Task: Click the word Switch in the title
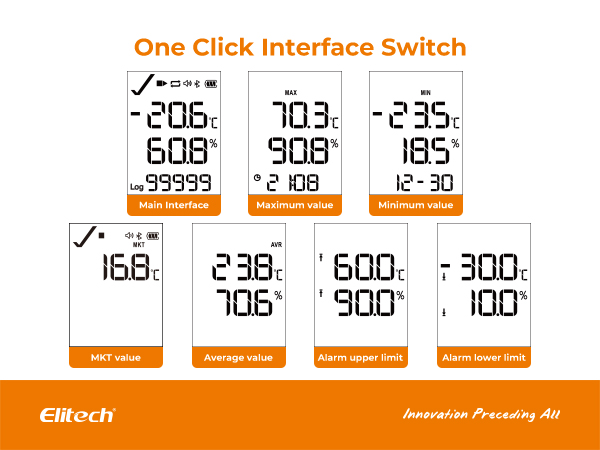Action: pyautogui.click(x=424, y=47)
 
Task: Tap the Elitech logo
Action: pyautogui.click(x=78, y=415)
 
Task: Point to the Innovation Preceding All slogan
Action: pyautogui.click(x=481, y=414)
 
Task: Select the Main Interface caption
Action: pyautogui.click(x=174, y=205)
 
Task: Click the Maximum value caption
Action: pyautogui.click(x=295, y=205)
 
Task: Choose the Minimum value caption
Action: pyautogui.click(x=416, y=205)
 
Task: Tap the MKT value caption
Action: pyautogui.click(x=116, y=357)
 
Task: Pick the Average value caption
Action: pyautogui.click(x=238, y=357)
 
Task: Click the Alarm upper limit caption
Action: pyautogui.click(x=360, y=357)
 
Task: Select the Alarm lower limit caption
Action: pyautogui.click(x=484, y=357)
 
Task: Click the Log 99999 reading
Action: pyautogui.click(x=171, y=183)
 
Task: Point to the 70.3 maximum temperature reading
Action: pyautogui.click(x=300, y=115)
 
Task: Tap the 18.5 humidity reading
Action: pyautogui.click(x=426, y=151)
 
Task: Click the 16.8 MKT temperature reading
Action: pyautogui.click(x=126, y=267)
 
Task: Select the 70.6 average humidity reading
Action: pyautogui.click(x=244, y=302)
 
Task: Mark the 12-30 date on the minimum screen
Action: pyautogui.click(x=424, y=183)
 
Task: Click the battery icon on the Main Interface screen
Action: pyautogui.click(x=211, y=84)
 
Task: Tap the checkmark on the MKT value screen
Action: pyautogui.click(x=85, y=236)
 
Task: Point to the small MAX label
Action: pyautogui.click(x=291, y=93)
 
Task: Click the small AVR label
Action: pyautogui.click(x=276, y=245)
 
